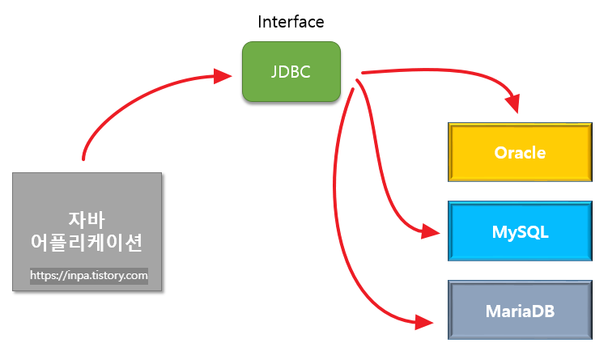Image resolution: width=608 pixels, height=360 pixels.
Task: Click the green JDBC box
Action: click(291, 72)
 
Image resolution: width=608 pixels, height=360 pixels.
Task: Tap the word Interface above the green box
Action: click(291, 22)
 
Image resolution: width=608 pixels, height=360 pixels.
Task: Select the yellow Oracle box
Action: click(519, 153)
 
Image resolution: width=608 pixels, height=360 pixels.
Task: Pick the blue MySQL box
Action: click(519, 232)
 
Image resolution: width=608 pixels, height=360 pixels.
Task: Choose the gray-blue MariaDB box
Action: click(519, 310)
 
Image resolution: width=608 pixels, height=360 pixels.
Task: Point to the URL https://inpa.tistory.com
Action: click(89, 276)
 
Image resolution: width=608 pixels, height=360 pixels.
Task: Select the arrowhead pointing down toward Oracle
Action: click(512, 103)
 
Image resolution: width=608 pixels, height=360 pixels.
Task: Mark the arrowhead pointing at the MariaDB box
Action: click(425, 323)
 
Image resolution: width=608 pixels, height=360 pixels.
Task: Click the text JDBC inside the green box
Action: click(291, 72)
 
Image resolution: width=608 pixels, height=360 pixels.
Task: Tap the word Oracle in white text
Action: click(519, 153)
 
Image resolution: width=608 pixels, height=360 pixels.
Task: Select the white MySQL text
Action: click(520, 232)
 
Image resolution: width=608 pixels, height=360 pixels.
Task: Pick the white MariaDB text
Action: click(520, 310)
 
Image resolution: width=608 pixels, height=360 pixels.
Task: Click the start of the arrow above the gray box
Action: click(83, 158)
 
